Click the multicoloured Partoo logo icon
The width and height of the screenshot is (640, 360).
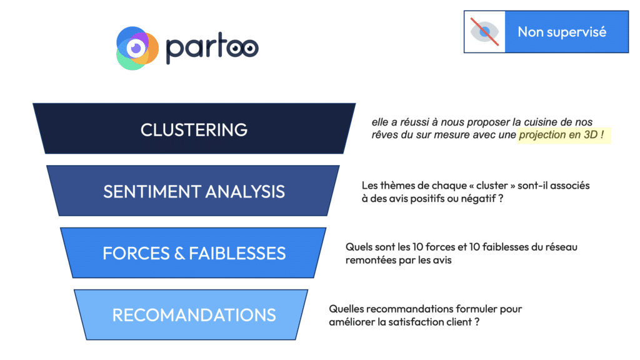[x=137, y=48]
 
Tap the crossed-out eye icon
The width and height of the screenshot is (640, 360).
[x=484, y=32]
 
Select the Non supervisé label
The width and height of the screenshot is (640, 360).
[x=562, y=32]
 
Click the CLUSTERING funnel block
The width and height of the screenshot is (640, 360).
[x=194, y=129]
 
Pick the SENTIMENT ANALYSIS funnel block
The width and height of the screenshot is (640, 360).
[x=193, y=191]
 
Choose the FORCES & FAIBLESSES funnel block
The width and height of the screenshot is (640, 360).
[x=194, y=253]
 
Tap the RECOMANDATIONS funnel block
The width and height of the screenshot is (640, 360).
[x=191, y=315]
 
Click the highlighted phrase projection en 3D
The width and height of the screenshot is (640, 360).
[x=558, y=135]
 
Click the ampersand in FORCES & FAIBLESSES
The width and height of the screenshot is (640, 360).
[x=179, y=254]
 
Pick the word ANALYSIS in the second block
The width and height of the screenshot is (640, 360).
[x=245, y=191]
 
